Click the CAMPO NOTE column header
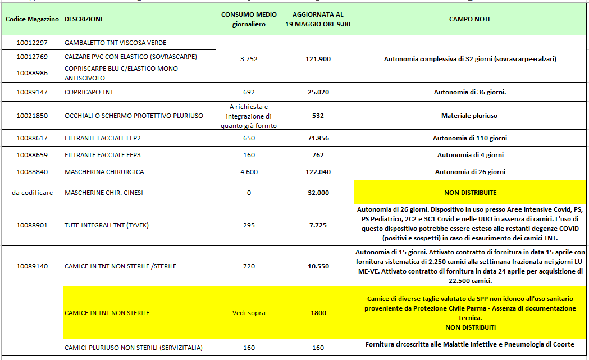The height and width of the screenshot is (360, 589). [x=470, y=19]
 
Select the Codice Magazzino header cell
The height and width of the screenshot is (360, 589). [x=32, y=19]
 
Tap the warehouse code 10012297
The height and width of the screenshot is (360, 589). [x=32, y=43]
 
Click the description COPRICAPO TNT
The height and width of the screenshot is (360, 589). [x=89, y=92]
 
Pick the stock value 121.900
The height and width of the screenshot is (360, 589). [x=318, y=59]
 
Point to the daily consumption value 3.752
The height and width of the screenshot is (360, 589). [x=249, y=59]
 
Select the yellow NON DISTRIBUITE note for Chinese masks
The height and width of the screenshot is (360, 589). [x=470, y=193]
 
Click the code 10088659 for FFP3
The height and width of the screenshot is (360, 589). [x=32, y=155]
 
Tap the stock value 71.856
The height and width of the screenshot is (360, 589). [x=318, y=138]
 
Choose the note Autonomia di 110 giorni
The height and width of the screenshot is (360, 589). [x=470, y=138]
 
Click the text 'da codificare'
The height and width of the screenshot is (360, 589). [x=32, y=193]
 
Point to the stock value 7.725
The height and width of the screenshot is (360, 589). [x=318, y=225]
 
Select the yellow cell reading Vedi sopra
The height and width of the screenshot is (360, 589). [x=249, y=313]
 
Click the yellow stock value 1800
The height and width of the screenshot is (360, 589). [x=318, y=313]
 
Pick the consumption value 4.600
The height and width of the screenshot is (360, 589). [x=249, y=172]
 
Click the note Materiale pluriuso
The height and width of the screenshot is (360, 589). [x=470, y=116]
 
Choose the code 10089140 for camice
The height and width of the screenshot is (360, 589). [x=32, y=266]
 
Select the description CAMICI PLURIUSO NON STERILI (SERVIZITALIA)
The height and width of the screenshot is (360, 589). [x=134, y=348]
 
